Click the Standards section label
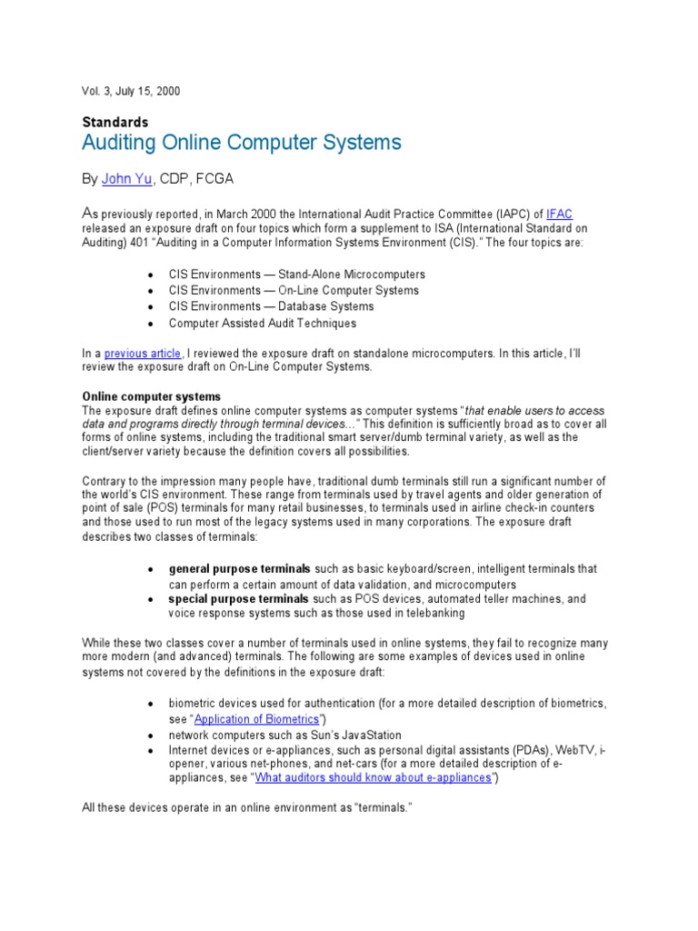(115, 121)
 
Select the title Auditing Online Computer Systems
(242, 143)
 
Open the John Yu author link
(126, 179)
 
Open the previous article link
(143, 352)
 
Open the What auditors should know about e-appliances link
(374, 778)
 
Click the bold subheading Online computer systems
(152, 396)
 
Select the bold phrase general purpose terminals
(239, 568)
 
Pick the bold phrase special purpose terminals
(238, 599)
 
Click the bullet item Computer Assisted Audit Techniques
(262, 323)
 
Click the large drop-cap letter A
(89, 212)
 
